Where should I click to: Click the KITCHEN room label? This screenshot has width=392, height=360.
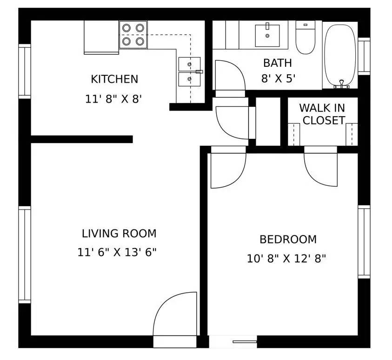(114, 79)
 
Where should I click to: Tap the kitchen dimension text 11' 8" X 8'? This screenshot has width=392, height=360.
(113, 99)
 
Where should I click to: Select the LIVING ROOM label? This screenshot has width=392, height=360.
(119, 233)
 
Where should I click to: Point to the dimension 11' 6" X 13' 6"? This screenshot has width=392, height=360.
(117, 252)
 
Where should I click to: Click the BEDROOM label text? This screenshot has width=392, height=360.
(288, 239)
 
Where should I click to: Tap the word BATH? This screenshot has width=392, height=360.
(278, 63)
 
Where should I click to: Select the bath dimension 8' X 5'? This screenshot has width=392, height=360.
(279, 79)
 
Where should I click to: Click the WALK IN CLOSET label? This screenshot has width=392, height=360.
(322, 114)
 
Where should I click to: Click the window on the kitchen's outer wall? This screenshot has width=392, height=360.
(24, 71)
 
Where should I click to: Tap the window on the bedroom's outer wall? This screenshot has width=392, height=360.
(364, 242)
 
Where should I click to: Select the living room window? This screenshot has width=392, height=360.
(24, 255)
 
